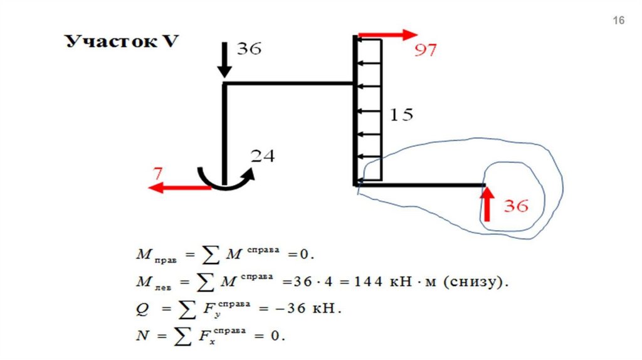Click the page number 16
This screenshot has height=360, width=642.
pyautogui.click(x=618, y=21)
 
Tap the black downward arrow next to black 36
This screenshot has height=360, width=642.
pyautogui.click(x=224, y=60)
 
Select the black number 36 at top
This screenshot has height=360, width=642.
pyautogui.click(x=248, y=49)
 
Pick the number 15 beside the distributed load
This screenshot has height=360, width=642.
pyautogui.click(x=402, y=115)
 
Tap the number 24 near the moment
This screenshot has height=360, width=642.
pyautogui.click(x=263, y=156)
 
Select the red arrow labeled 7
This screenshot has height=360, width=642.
pyautogui.click(x=179, y=187)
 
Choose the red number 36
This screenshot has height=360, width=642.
pyautogui.click(x=516, y=206)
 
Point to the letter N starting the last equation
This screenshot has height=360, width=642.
pyautogui.click(x=141, y=336)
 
